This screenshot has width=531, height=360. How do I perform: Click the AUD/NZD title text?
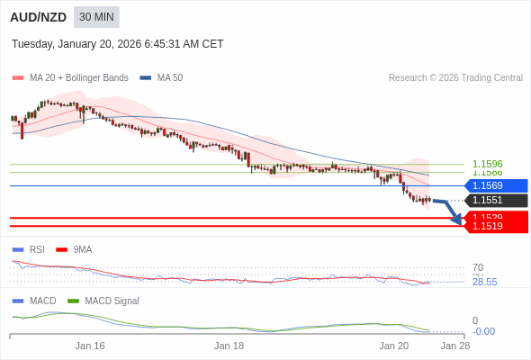(x=38, y=17)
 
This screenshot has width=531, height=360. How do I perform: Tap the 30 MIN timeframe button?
(x=96, y=17)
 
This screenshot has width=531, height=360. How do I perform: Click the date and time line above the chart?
(x=118, y=44)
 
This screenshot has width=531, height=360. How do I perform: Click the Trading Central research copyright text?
(x=455, y=78)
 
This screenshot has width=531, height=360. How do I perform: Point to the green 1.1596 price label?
(x=487, y=164)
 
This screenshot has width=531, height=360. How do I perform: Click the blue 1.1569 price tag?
(x=494, y=185)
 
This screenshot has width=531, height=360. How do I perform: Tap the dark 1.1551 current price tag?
(x=494, y=201)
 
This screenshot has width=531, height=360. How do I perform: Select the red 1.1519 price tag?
(x=494, y=227)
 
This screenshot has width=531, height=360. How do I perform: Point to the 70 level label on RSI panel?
(x=478, y=267)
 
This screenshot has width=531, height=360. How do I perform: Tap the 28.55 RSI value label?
(x=484, y=282)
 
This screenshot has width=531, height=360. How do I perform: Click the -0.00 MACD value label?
(x=483, y=331)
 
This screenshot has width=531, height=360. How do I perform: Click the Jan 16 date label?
(x=90, y=346)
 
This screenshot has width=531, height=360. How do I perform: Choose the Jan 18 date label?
(x=229, y=346)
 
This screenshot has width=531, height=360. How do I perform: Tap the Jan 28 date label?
(x=454, y=346)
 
